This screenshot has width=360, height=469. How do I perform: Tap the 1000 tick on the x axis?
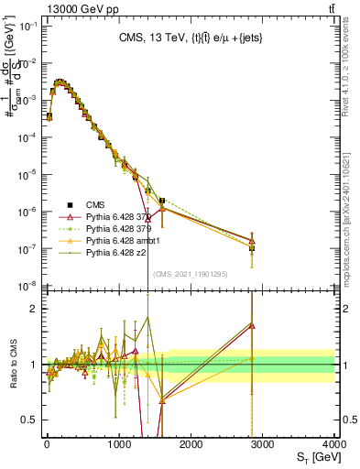click(x=118, y=443)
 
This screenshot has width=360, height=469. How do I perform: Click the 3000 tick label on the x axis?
click(x=262, y=443)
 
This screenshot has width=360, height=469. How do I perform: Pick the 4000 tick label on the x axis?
click(x=333, y=443)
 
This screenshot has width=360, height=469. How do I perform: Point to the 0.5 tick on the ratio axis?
click(x=28, y=420)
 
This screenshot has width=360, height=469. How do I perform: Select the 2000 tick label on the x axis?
click(x=191, y=443)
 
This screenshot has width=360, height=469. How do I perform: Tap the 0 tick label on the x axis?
click(x=47, y=443)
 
